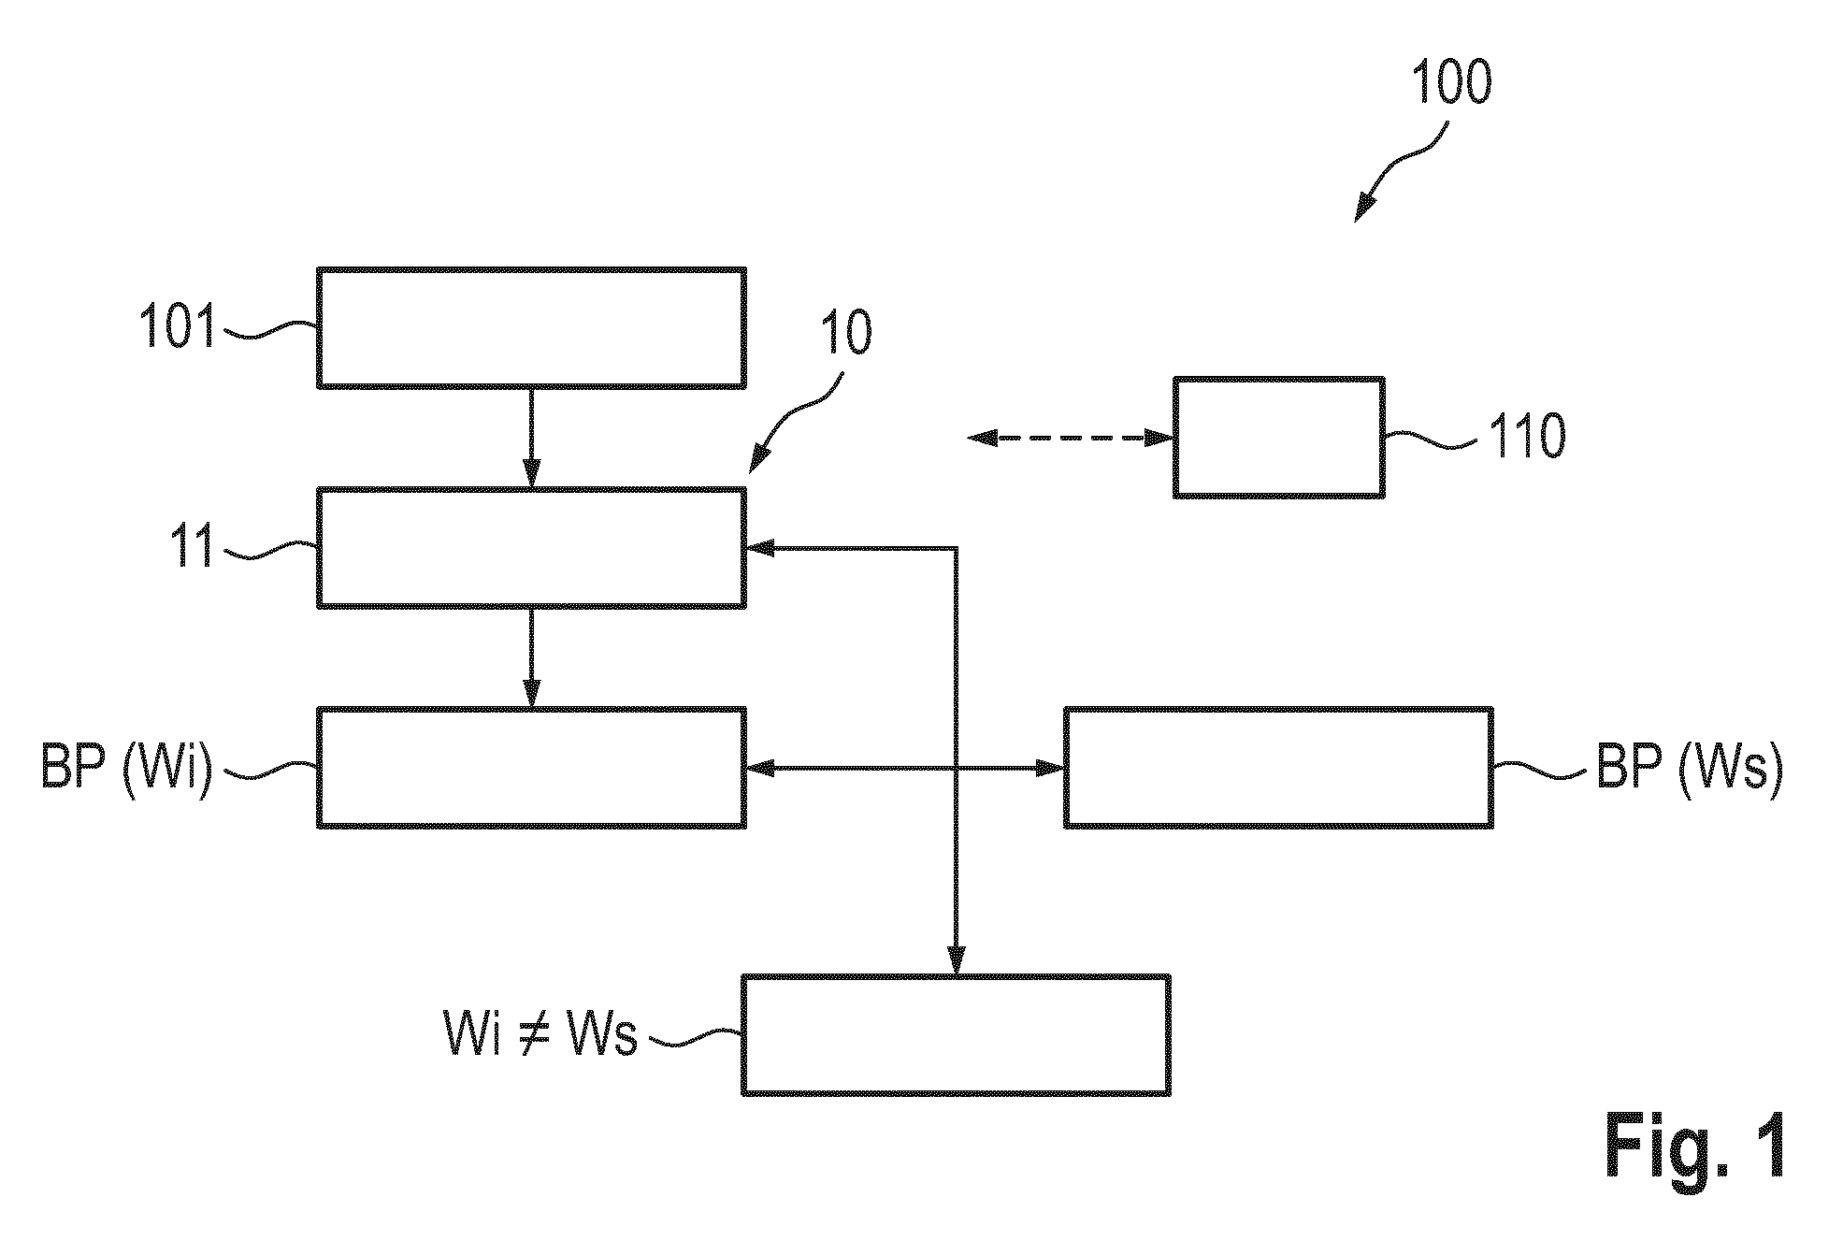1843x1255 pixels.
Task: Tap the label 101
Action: pyautogui.click(x=178, y=327)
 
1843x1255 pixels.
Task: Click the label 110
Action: pyautogui.click(x=1526, y=437)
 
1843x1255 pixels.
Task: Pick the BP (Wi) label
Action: pyautogui.click(x=127, y=769)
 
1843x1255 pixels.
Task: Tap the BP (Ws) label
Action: pyautogui.click(x=1689, y=769)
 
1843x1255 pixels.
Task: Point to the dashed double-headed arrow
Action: pyautogui.click(x=1071, y=437)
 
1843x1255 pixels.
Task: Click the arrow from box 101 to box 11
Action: pyautogui.click(x=531, y=438)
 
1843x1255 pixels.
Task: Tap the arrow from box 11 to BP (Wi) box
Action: pyautogui.click(x=531, y=658)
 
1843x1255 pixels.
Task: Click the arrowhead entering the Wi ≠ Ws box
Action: pyautogui.click(x=956, y=961)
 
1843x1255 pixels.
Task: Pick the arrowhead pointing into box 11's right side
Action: pyautogui.click(x=759, y=548)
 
